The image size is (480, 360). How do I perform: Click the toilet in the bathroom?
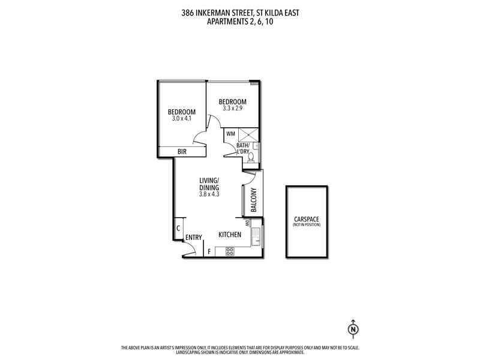click(251, 158)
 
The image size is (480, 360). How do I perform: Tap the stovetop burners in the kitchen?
click(230, 251)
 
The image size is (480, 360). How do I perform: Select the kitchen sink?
click(256, 236)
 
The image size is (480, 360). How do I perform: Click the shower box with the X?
click(248, 135)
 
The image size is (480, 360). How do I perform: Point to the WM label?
click(230, 134)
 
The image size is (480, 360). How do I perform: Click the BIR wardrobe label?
click(182, 152)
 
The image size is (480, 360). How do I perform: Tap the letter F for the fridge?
click(209, 252)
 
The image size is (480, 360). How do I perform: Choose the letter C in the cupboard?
click(178, 229)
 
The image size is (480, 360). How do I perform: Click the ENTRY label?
click(194, 238)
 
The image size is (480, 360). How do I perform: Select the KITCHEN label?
click(230, 235)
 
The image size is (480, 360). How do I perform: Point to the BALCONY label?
click(254, 200)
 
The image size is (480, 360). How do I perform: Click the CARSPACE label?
click(307, 219)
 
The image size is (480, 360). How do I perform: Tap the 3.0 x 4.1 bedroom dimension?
click(182, 118)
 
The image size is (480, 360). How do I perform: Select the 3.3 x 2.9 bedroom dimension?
click(233, 109)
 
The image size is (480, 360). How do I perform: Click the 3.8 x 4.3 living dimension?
click(209, 194)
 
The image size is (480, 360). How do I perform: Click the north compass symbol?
click(353, 329)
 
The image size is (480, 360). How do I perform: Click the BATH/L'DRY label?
click(243, 148)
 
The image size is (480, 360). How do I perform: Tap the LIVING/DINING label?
click(209, 184)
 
